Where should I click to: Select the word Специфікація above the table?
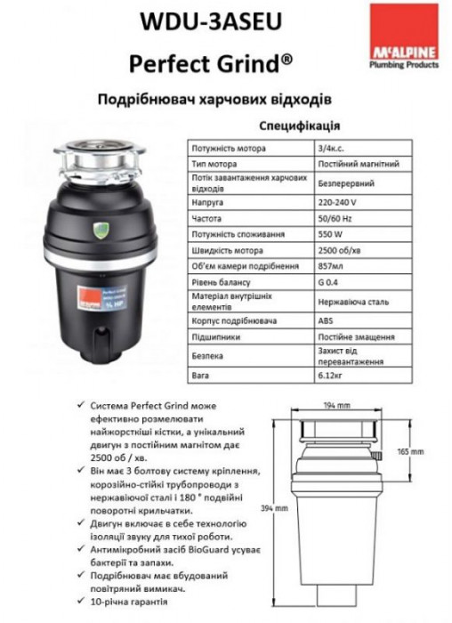point(298,125)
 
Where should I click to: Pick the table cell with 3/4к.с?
point(331,149)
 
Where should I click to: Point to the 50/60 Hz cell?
point(335,218)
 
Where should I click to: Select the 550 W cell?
point(330,233)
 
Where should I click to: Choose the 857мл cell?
point(330,264)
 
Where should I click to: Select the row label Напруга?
point(206,202)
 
